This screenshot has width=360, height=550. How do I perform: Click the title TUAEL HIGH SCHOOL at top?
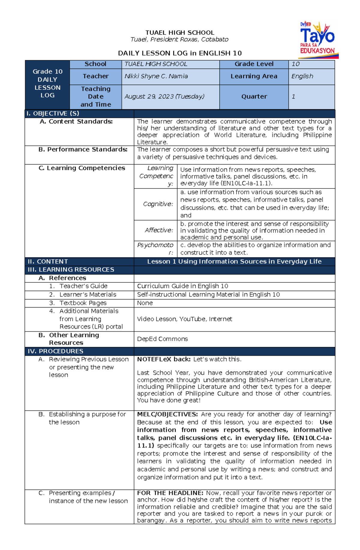180,33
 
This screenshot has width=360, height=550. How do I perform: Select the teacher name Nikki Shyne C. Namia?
156,76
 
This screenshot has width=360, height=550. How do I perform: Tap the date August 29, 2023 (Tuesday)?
164,97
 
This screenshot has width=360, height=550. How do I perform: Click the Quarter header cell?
254,97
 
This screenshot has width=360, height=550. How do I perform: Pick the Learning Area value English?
302,76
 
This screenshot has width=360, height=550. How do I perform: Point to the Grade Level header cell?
254,64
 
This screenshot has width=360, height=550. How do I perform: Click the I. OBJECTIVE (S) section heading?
53,114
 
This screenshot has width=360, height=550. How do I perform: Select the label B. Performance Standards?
83,150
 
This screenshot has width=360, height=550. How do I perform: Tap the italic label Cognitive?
158,204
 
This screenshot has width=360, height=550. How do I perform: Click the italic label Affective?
159,230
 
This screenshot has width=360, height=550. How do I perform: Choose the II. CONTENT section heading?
48,262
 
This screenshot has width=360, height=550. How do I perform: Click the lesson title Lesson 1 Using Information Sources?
234,262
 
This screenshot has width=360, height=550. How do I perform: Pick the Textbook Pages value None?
145,303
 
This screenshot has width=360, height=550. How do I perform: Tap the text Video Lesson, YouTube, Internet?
184,319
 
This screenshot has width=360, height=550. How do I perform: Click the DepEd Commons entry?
162,339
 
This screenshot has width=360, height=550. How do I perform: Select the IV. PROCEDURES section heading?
55,351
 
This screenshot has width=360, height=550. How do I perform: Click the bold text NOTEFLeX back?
163,359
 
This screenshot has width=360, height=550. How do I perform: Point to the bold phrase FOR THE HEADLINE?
170,493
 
